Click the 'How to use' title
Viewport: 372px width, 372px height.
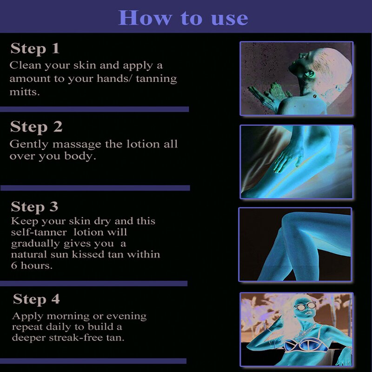tap(183, 18)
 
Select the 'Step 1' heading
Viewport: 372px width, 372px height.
tap(35, 49)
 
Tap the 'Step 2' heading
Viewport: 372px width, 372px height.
tap(36, 127)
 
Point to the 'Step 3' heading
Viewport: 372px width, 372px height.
tap(34, 206)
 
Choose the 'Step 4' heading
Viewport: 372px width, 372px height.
tap(36, 299)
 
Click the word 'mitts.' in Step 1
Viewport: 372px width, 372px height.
tap(25, 92)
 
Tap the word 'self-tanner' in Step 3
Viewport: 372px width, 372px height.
tap(39, 232)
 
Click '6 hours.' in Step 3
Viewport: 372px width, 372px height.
tap(32, 266)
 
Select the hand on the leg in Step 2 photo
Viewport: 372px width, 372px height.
tap(288, 159)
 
